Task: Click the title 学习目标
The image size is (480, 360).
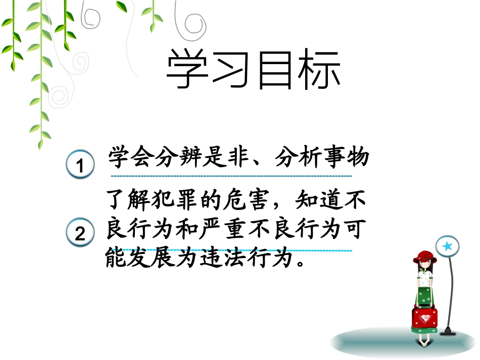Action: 253,71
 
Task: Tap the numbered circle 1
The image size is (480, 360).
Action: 80,165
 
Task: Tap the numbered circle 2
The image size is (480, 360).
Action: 80,234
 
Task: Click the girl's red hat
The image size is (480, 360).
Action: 424,257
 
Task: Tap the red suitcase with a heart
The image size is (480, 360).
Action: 425,318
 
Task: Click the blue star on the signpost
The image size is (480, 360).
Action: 447,246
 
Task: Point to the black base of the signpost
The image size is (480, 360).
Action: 448,332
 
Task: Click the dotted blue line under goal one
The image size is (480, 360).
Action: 231,176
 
